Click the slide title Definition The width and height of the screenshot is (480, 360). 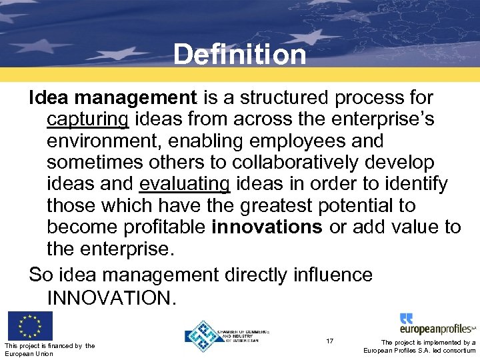click(239, 54)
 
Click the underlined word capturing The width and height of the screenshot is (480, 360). click(88, 120)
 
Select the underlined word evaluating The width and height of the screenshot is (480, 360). click(185, 184)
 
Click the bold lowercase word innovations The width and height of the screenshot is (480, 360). click(267, 227)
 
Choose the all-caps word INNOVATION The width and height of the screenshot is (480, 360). click(111, 297)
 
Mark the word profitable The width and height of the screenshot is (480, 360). click(165, 227)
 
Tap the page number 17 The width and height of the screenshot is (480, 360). click(330, 341)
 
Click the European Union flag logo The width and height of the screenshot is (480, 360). click(30, 327)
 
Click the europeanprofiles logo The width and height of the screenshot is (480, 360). click(437, 325)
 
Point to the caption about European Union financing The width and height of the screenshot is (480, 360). click(49, 349)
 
